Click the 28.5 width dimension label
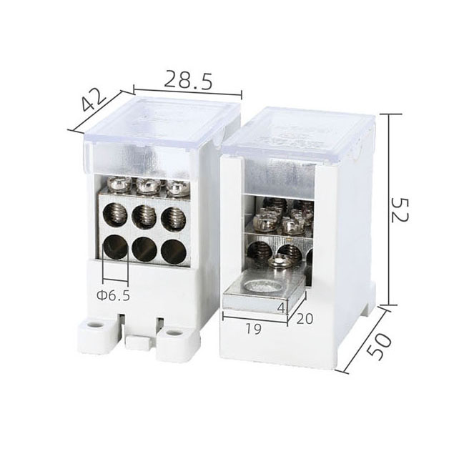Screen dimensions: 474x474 pyautogui.click(x=188, y=80)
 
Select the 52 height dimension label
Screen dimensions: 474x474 pyautogui.click(x=400, y=209)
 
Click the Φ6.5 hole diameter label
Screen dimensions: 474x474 pyautogui.click(x=114, y=296)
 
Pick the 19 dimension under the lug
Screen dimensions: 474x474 pyautogui.click(x=253, y=329)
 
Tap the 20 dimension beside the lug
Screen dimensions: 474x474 pyautogui.click(x=305, y=318)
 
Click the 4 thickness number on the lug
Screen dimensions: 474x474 pyautogui.click(x=281, y=308)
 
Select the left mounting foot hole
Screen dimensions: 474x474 pyautogui.click(x=96, y=326)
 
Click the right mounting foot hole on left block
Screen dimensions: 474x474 pyautogui.click(x=172, y=333)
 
